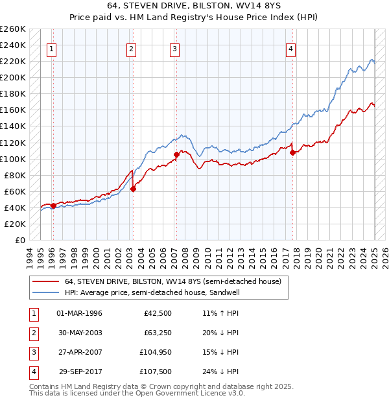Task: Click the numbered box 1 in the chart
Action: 51,48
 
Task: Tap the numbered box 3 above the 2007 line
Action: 175,48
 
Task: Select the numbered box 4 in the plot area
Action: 291,48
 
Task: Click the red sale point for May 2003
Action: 133,189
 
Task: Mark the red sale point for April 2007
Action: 176,154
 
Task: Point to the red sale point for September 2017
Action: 292,153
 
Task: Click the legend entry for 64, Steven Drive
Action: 173,282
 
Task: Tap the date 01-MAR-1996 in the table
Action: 80,313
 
